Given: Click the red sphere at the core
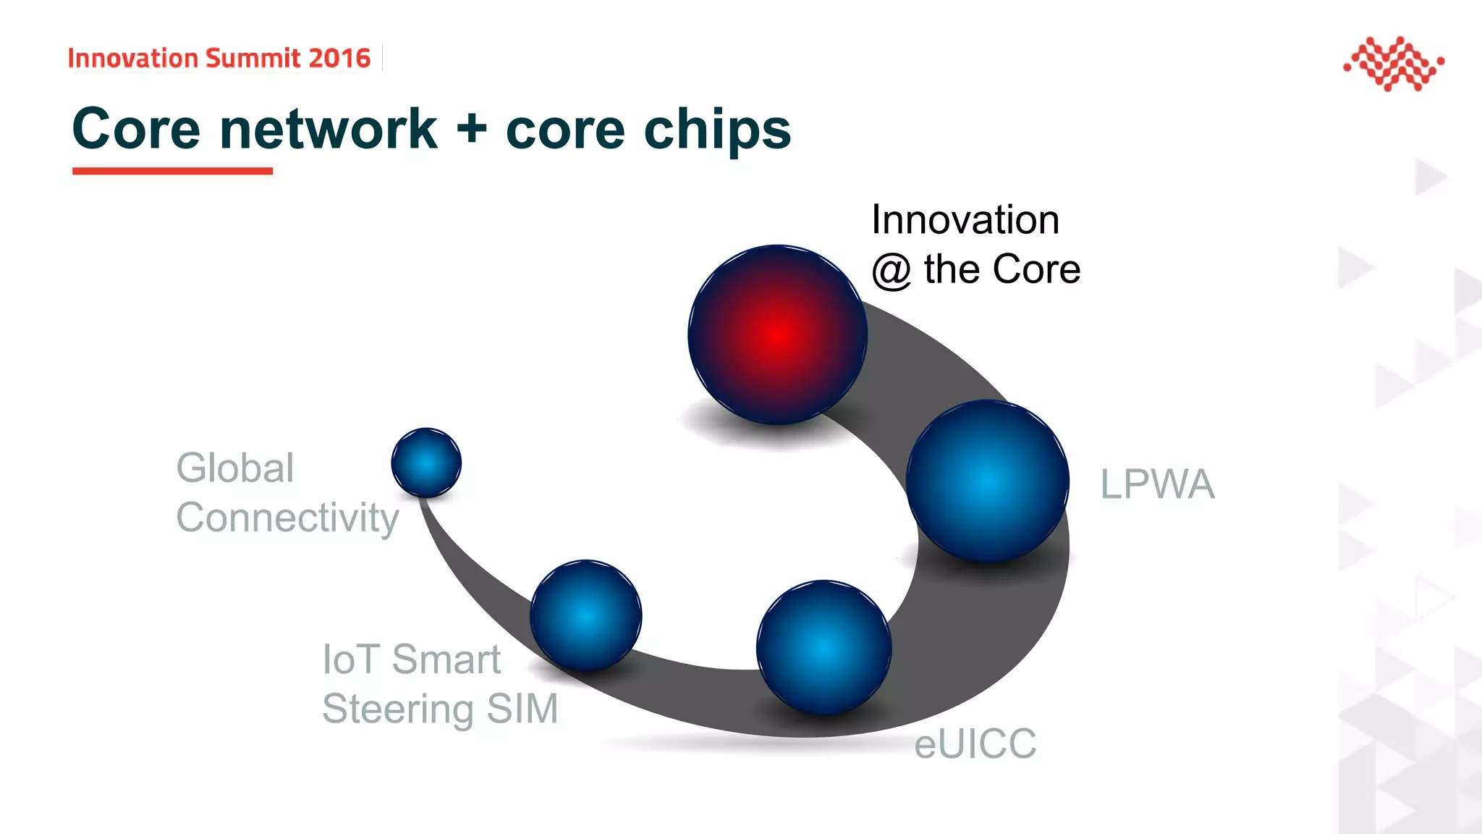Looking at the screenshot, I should pyautogui.click(x=778, y=334).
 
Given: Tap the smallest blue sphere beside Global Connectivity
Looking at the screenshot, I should pyautogui.click(x=426, y=463).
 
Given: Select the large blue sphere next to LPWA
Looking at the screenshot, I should pyautogui.click(x=988, y=481).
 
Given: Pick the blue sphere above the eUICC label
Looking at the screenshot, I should pyautogui.click(x=823, y=647).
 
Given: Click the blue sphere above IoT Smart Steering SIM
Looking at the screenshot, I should pyautogui.click(x=585, y=615).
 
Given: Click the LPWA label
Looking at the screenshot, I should pyautogui.click(x=1156, y=484).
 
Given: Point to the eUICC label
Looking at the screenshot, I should pyautogui.click(x=975, y=744).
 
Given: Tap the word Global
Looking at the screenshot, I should pyautogui.click(x=235, y=468).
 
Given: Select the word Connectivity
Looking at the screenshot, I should pyautogui.click(x=287, y=518).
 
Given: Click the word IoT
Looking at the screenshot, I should pyautogui.click(x=350, y=660).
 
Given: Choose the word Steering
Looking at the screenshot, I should pyautogui.click(x=398, y=709).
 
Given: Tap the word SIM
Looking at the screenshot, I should pyautogui.click(x=522, y=709).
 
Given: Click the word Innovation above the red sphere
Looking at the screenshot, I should pyautogui.click(x=965, y=219).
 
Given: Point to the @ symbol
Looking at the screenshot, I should pyautogui.click(x=891, y=271).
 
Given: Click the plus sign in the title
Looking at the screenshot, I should pyautogui.click(x=471, y=130).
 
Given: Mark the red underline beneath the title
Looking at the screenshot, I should pyautogui.click(x=172, y=171).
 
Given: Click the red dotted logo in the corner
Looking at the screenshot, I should pyautogui.click(x=1393, y=64).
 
